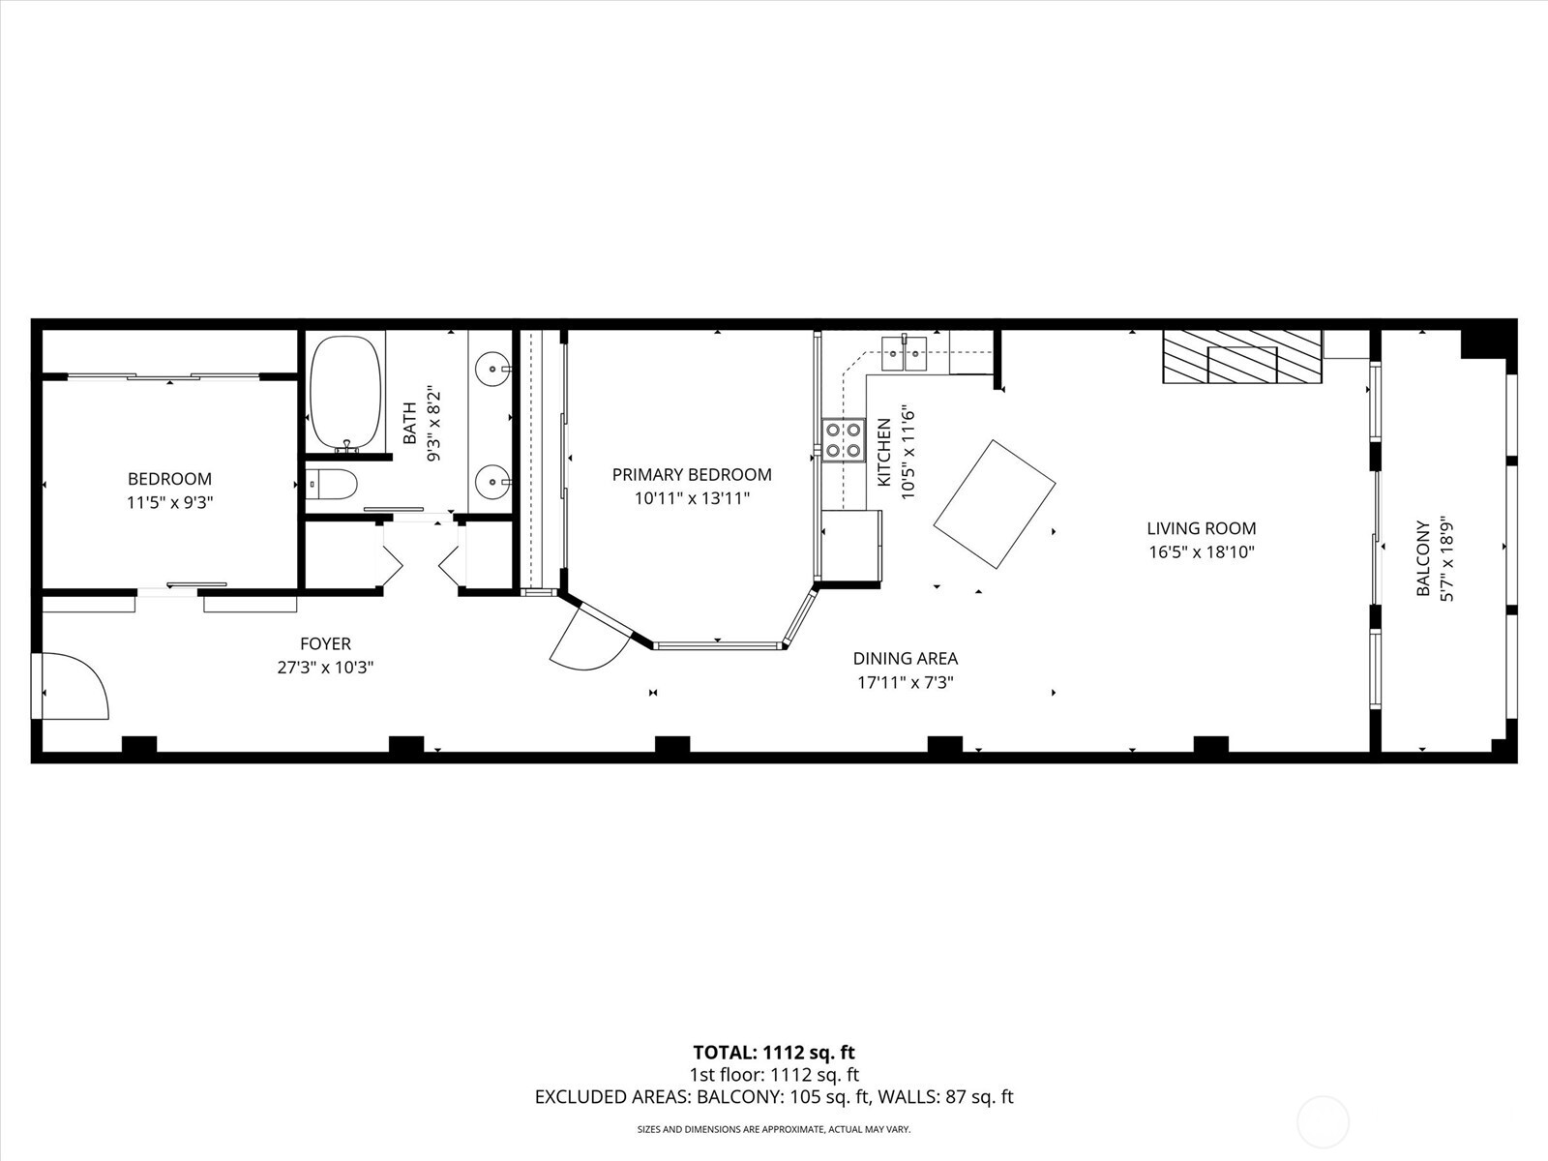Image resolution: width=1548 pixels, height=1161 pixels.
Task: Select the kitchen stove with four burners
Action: pyautogui.click(x=843, y=439)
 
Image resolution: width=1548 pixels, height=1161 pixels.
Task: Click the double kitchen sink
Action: pyautogui.click(x=905, y=353)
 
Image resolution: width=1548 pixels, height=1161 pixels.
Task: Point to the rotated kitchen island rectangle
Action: pyautogui.click(x=995, y=504)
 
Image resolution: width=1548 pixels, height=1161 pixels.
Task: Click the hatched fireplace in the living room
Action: pyautogui.click(x=1242, y=357)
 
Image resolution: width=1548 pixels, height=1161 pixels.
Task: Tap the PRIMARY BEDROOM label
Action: pyautogui.click(x=692, y=474)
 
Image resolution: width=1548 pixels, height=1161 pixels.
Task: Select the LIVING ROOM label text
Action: pyautogui.click(x=1202, y=528)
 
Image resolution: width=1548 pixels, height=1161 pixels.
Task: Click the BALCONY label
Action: pyautogui.click(x=1423, y=559)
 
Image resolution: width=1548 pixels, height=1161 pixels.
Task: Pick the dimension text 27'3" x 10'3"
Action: pyautogui.click(x=325, y=668)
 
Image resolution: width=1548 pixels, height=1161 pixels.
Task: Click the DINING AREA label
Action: pyautogui.click(x=906, y=659)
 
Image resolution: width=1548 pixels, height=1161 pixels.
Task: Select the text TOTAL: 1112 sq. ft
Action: pyautogui.click(x=774, y=1053)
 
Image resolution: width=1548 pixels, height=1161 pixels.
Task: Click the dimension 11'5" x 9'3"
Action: pyautogui.click(x=170, y=502)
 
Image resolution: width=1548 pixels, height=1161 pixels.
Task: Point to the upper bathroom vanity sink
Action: pyautogui.click(x=494, y=368)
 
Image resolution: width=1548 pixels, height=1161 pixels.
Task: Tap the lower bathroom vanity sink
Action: pyautogui.click(x=494, y=479)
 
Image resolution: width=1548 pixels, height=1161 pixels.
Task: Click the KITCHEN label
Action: pyautogui.click(x=883, y=452)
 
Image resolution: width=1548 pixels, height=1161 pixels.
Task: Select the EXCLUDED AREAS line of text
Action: pyautogui.click(x=774, y=1097)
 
